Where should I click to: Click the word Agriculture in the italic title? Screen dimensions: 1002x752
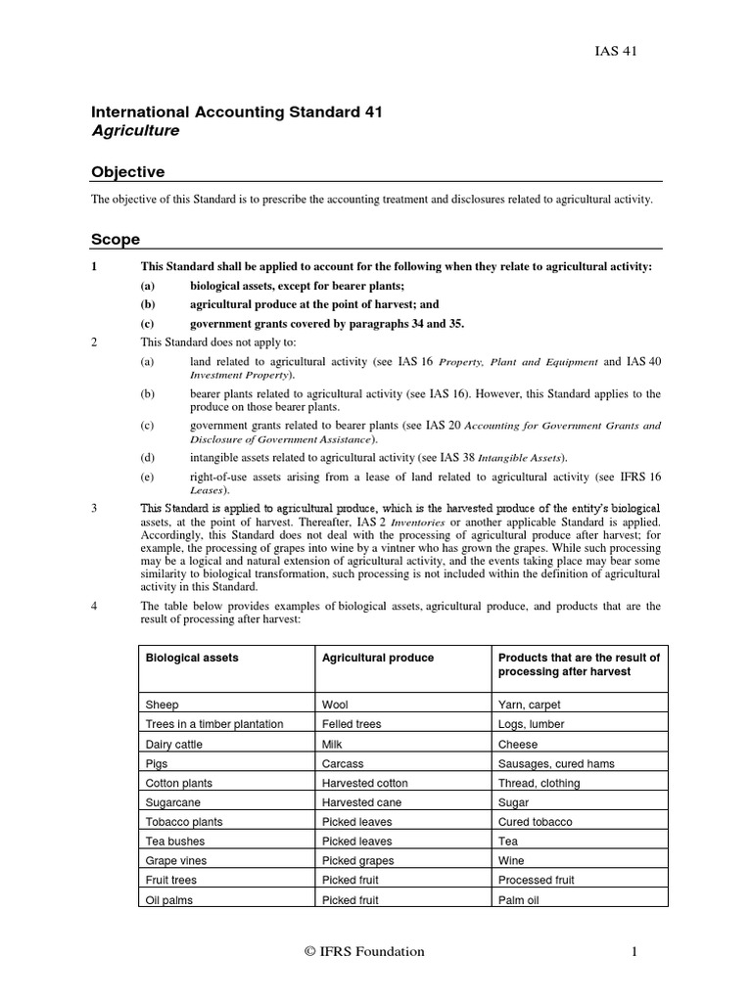point(135,130)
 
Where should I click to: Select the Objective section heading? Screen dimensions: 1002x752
point(127,172)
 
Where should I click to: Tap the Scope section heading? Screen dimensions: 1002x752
point(116,239)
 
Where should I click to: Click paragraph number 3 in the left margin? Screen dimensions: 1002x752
point(94,508)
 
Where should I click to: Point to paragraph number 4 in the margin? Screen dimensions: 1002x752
point(94,606)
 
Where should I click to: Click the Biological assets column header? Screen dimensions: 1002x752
point(191,658)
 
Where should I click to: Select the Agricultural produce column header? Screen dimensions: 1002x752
point(377,658)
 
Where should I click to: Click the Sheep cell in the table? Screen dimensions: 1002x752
point(162,705)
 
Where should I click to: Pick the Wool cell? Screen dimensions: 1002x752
point(335,705)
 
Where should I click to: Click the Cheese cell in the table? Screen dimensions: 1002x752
point(517,744)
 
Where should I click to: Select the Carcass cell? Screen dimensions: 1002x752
point(343,763)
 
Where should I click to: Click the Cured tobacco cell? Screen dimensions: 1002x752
point(536,822)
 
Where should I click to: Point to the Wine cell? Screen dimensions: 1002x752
point(511,861)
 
